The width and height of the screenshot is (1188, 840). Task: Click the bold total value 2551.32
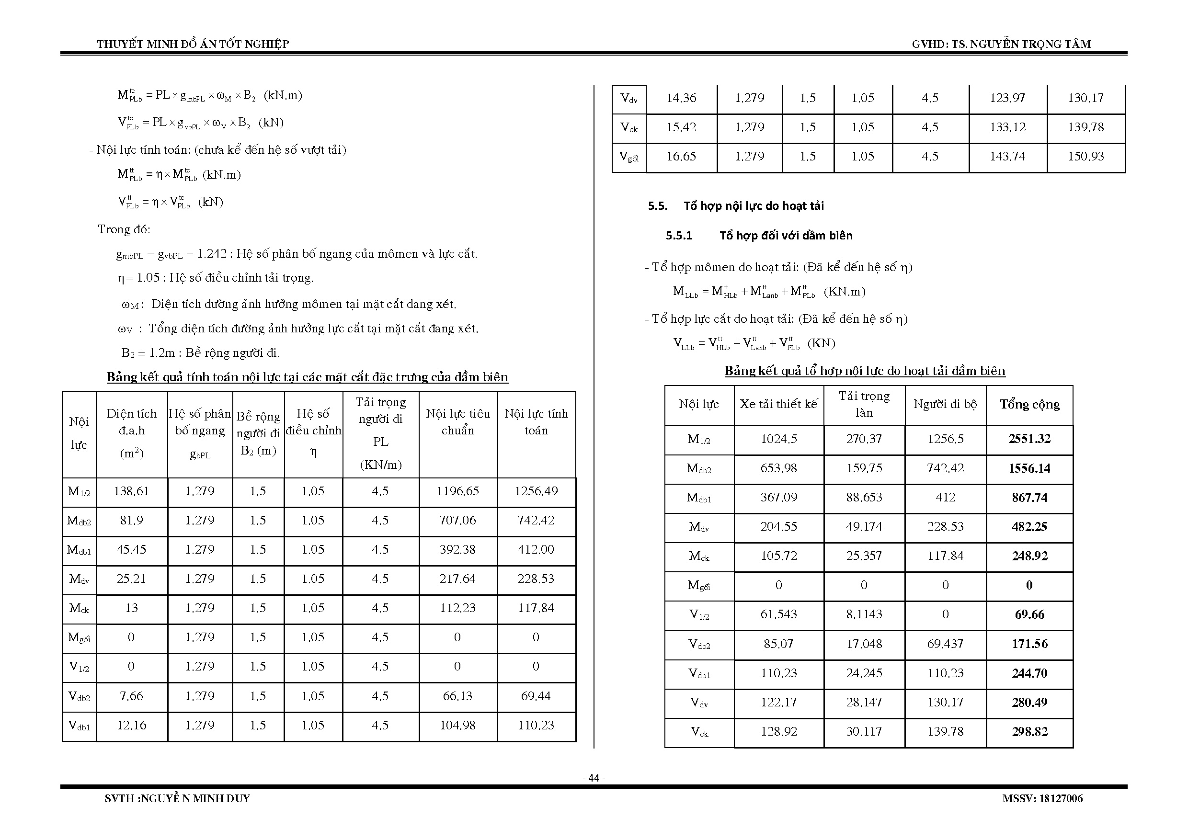[x=1029, y=439]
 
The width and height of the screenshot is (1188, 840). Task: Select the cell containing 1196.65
[x=457, y=491]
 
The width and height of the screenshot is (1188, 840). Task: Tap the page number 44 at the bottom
[x=594, y=778]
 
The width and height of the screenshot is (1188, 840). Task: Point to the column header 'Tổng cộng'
[x=1029, y=405]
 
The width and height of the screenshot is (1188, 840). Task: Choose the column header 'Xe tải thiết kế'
[x=778, y=405]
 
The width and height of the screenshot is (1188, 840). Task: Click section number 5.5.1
[x=678, y=236]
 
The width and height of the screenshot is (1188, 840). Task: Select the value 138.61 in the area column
[x=131, y=491]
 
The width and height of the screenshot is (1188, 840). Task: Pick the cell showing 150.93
[x=1085, y=156]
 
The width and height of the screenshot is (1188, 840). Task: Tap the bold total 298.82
[x=1029, y=732]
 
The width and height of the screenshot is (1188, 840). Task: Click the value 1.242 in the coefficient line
[x=212, y=254]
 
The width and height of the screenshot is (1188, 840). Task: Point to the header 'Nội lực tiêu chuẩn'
[x=457, y=422]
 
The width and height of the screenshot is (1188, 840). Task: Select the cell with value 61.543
[x=778, y=614]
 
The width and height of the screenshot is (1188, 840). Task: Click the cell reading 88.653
[x=864, y=498]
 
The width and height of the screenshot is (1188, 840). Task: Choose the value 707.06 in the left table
[x=457, y=521]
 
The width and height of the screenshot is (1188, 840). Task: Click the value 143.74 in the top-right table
[x=1007, y=156]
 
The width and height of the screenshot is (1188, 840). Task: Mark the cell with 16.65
[x=681, y=156]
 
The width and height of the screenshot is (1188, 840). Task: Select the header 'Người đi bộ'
[x=945, y=405]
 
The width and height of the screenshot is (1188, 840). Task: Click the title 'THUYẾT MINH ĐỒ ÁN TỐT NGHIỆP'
[x=193, y=44]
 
